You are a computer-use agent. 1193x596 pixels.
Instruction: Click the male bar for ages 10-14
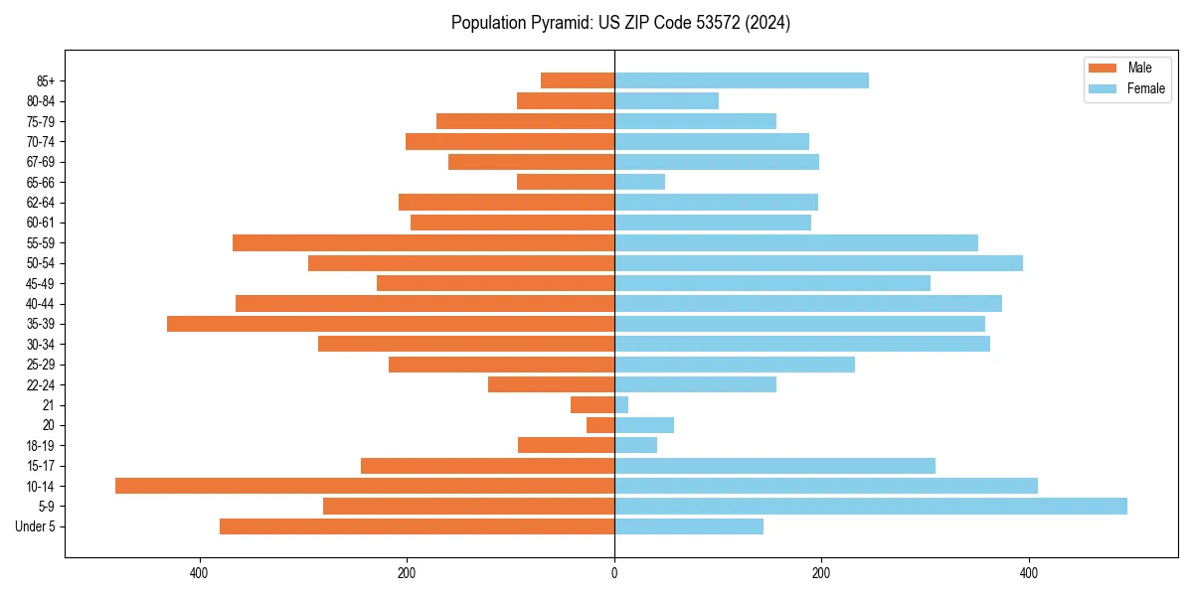[365, 486]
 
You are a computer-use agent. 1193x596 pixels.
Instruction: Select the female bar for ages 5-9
[870, 507]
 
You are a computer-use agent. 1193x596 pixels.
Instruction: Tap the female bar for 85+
[741, 80]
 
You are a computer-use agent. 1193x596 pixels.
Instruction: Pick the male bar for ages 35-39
[391, 324]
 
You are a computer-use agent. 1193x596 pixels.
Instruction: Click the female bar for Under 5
[688, 526]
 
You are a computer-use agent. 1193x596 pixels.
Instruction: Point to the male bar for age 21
[593, 404]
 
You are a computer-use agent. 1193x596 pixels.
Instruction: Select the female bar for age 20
[643, 425]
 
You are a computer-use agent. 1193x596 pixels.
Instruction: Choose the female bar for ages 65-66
[639, 182]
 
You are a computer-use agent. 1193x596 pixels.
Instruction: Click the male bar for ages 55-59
[424, 242]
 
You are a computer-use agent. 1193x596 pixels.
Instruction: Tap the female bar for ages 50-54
[818, 263]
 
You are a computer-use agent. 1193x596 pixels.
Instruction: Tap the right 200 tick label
[821, 573]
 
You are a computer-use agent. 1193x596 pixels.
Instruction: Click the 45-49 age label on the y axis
[41, 283]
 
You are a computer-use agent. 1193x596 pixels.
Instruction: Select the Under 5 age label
[36, 526]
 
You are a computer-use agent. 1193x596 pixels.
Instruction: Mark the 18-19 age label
[41, 445]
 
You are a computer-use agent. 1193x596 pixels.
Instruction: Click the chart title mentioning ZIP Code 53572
[620, 23]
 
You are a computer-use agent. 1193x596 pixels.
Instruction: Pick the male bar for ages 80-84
[566, 100]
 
